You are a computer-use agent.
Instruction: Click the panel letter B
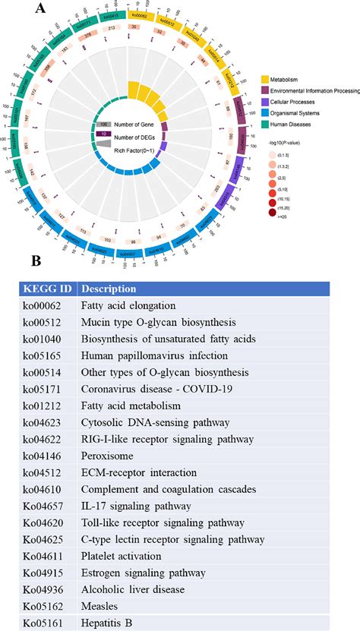[36, 262]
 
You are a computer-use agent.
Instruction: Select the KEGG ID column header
[47, 289]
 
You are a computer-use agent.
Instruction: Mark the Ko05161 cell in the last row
[46, 622]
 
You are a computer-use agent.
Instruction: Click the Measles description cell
[101, 605]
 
